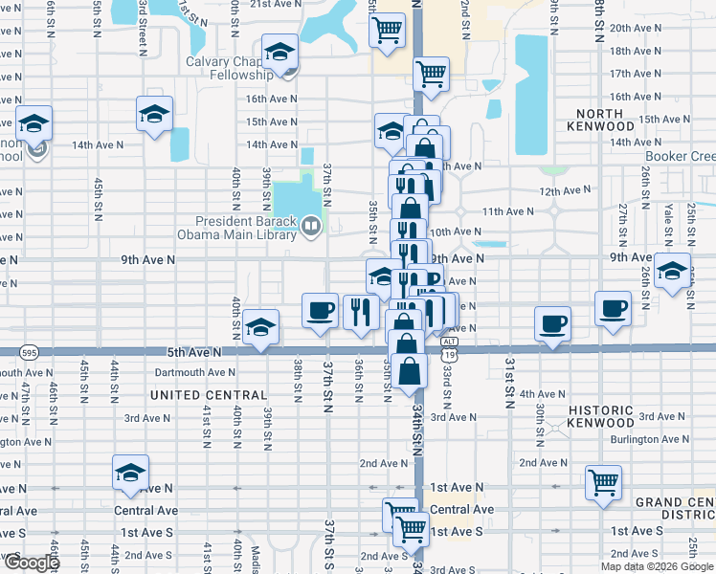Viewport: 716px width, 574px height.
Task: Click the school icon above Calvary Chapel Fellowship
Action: [280, 52]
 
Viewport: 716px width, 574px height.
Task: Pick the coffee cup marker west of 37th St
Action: [320, 310]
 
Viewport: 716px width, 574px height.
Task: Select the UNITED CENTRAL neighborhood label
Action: [208, 395]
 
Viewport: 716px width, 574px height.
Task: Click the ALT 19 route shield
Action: [448, 350]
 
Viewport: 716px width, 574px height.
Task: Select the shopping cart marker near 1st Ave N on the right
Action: [603, 482]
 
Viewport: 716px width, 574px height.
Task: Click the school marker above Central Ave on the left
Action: [130, 473]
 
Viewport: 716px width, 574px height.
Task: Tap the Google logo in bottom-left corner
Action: [31, 563]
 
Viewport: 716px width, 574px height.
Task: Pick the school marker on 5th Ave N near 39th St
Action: [260, 327]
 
